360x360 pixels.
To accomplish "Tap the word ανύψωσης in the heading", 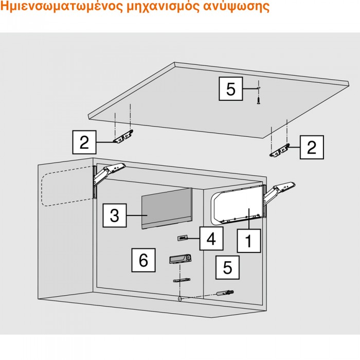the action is [x=236, y=6].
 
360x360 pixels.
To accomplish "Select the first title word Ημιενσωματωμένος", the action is [x=62, y=6].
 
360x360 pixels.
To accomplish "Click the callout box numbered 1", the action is [x=249, y=241].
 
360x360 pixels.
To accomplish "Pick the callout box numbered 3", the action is [x=115, y=215].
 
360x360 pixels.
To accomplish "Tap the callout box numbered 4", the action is [x=211, y=238].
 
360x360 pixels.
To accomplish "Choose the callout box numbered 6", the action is [x=143, y=260].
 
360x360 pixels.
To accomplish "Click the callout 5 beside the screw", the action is [x=231, y=88].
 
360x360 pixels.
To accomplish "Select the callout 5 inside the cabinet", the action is [x=227, y=267].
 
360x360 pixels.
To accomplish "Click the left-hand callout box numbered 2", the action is [x=84, y=142].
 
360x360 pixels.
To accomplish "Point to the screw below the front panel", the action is [x=259, y=100].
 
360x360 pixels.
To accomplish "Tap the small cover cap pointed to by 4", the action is [x=183, y=238].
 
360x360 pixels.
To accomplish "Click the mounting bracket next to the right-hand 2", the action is [x=279, y=151].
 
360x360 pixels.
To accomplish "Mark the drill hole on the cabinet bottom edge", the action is [x=180, y=299].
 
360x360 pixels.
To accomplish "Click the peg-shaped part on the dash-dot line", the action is [x=225, y=293].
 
